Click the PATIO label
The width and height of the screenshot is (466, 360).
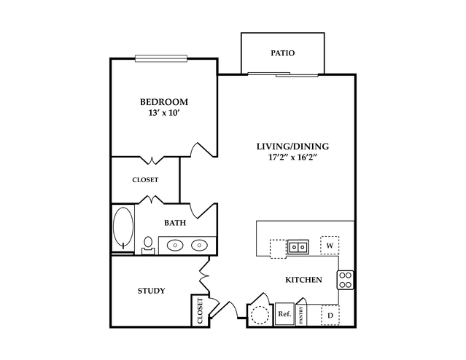tap(282, 52)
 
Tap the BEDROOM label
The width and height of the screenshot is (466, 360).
tap(163, 101)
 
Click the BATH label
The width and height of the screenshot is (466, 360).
tap(174, 223)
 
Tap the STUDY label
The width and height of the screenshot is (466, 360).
tap(151, 291)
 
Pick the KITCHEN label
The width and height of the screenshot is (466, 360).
tap(303, 280)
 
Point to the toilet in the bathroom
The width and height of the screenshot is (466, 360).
tap(148, 243)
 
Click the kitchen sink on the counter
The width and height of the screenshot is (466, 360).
tap(297, 247)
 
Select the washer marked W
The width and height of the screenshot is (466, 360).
tap(330, 246)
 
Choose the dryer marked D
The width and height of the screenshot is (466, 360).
tap(330, 315)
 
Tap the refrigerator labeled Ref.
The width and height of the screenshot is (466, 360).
tap(284, 314)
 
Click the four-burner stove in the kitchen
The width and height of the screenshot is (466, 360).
tap(345, 279)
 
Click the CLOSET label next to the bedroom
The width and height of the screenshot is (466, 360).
tap(145, 179)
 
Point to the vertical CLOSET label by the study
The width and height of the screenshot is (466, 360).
tap(199, 311)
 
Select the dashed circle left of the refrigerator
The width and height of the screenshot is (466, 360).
tap(260, 315)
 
